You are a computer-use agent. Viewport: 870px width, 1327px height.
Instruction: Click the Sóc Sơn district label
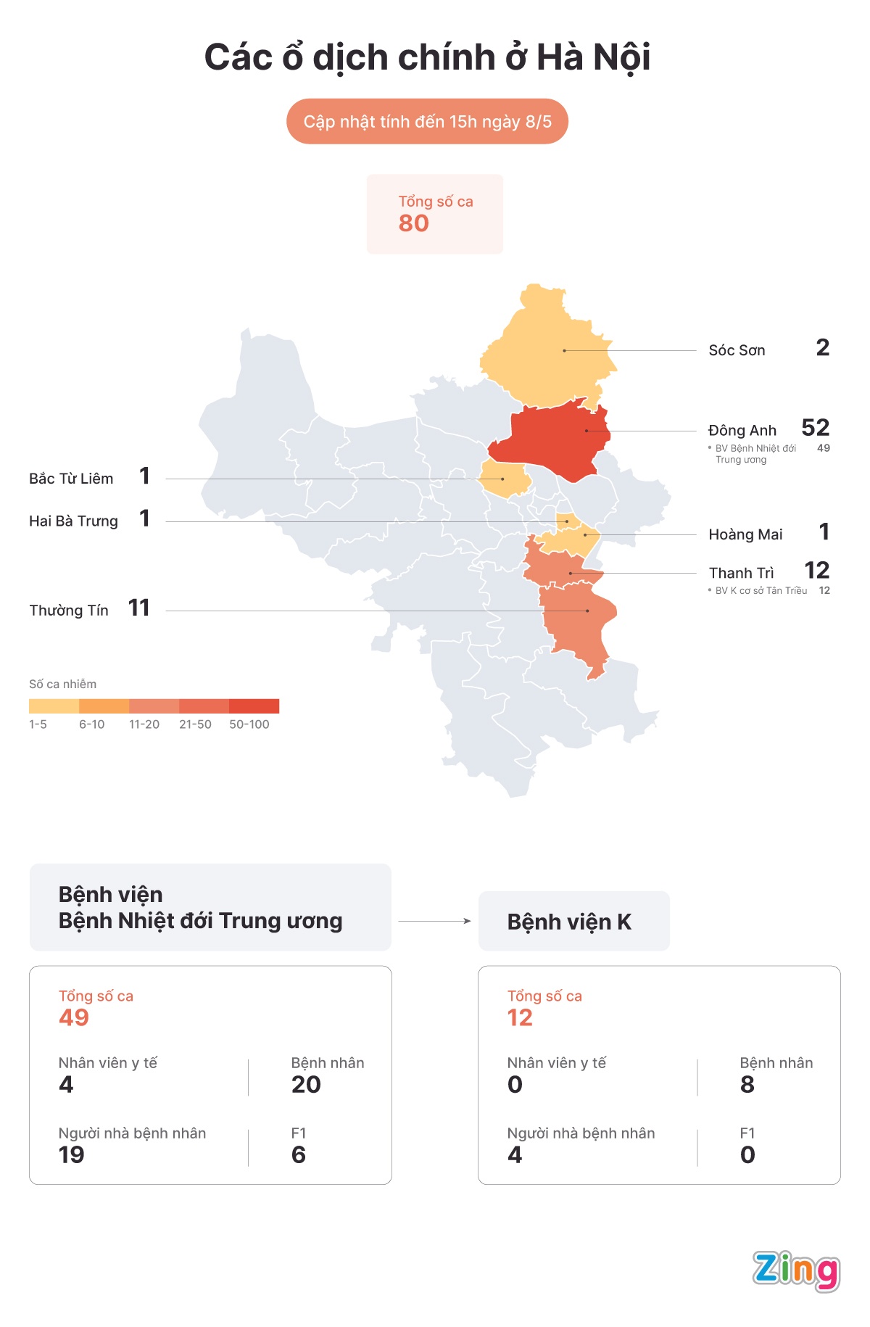pos(737,350)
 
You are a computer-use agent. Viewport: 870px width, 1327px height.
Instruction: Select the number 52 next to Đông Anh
pos(815,428)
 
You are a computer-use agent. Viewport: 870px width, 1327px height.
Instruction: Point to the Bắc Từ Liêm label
pos(71,479)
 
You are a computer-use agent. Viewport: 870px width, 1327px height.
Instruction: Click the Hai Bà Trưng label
pos(73,521)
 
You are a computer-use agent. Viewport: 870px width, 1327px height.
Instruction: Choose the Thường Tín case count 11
pos(138,608)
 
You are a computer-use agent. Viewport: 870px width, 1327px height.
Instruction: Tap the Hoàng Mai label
pos(745,534)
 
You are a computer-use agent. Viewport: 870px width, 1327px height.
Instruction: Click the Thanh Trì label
pos(741,573)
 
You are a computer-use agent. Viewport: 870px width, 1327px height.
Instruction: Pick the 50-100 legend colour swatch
pos(254,706)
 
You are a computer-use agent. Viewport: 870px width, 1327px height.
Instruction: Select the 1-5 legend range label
pos(38,724)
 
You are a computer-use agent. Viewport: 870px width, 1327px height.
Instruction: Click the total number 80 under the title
pos(413,223)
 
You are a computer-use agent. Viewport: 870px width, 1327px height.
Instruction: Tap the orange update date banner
pos(427,121)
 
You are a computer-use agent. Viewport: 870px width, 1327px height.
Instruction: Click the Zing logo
pos(795,1270)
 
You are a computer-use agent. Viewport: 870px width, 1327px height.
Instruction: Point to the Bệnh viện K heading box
pos(573,921)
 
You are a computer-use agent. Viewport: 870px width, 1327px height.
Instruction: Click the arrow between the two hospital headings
pos(434,921)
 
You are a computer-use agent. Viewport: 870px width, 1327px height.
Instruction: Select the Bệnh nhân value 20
pos(306,1085)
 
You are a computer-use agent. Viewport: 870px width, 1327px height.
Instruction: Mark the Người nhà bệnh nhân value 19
pos(71,1155)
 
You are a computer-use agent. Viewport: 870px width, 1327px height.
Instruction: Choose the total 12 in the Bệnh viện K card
pos(520,1018)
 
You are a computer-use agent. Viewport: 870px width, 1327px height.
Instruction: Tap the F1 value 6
pos(298,1155)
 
